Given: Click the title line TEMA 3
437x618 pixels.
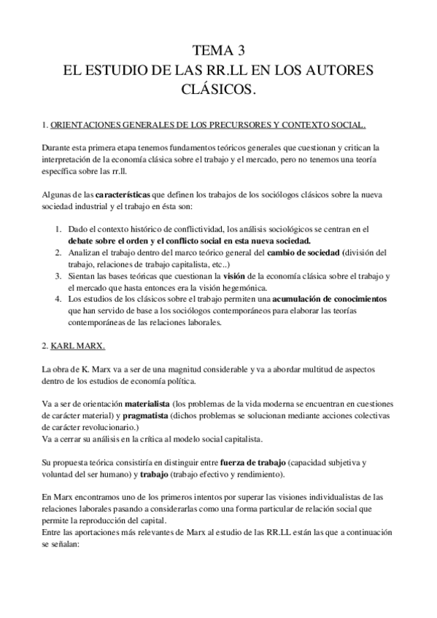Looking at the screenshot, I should pyautogui.click(x=218, y=51).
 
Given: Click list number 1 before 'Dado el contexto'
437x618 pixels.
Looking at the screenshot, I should pyautogui.click(x=59, y=229).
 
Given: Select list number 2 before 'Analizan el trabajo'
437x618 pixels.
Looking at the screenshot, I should pyautogui.click(x=59, y=252).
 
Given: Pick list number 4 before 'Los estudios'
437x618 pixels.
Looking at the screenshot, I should pyautogui.click(x=59, y=299).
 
